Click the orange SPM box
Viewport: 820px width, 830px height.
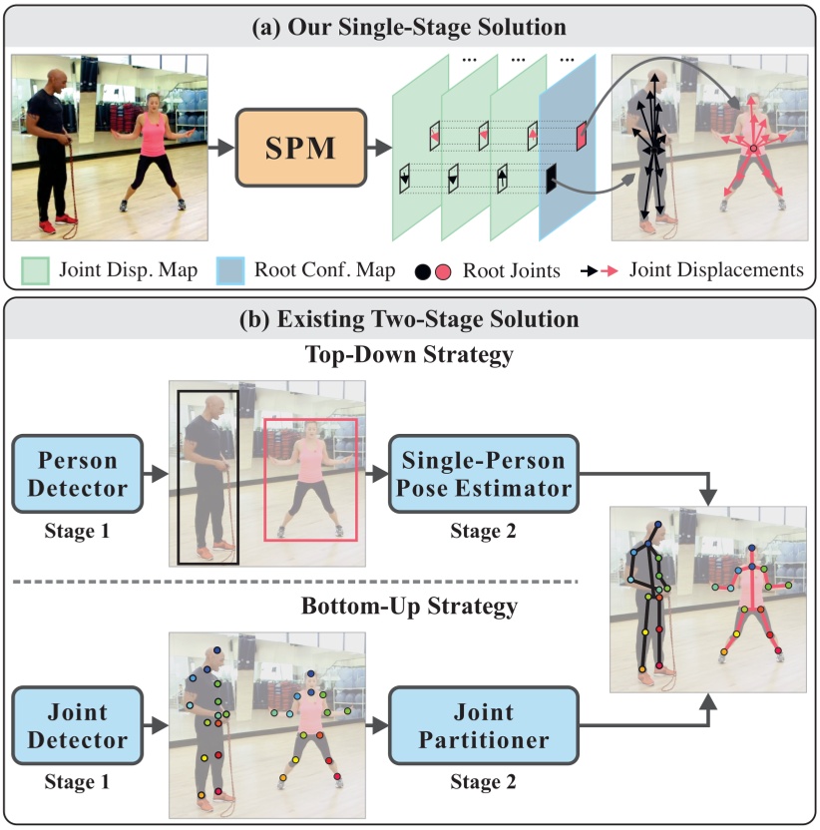point(301,148)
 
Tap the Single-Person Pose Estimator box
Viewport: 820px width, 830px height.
point(484,475)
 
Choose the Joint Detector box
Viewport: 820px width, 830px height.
point(73,726)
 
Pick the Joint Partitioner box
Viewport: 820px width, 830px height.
point(484,726)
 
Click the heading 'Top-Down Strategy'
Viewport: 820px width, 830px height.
point(410,355)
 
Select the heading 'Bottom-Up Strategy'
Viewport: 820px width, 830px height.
point(410,606)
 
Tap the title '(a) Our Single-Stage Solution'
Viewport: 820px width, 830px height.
point(410,25)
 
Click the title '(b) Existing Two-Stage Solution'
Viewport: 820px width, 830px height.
point(410,320)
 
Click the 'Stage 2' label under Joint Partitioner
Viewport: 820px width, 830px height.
point(483,783)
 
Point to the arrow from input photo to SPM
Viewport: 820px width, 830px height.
point(221,148)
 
